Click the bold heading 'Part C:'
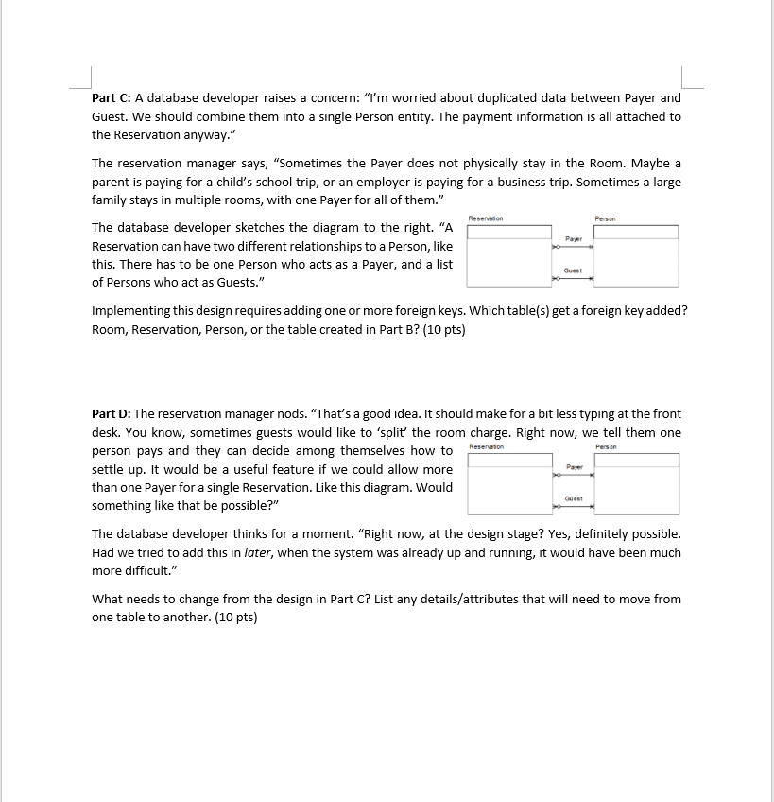pos(112,97)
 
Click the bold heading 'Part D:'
pos(112,413)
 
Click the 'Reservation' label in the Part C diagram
pos(486,218)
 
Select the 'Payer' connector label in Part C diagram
pos(573,238)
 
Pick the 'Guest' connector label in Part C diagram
pos(573,270)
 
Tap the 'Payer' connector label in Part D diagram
pos(573,467)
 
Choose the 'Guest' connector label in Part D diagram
pos(573,498)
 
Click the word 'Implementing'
pos(131,310)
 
